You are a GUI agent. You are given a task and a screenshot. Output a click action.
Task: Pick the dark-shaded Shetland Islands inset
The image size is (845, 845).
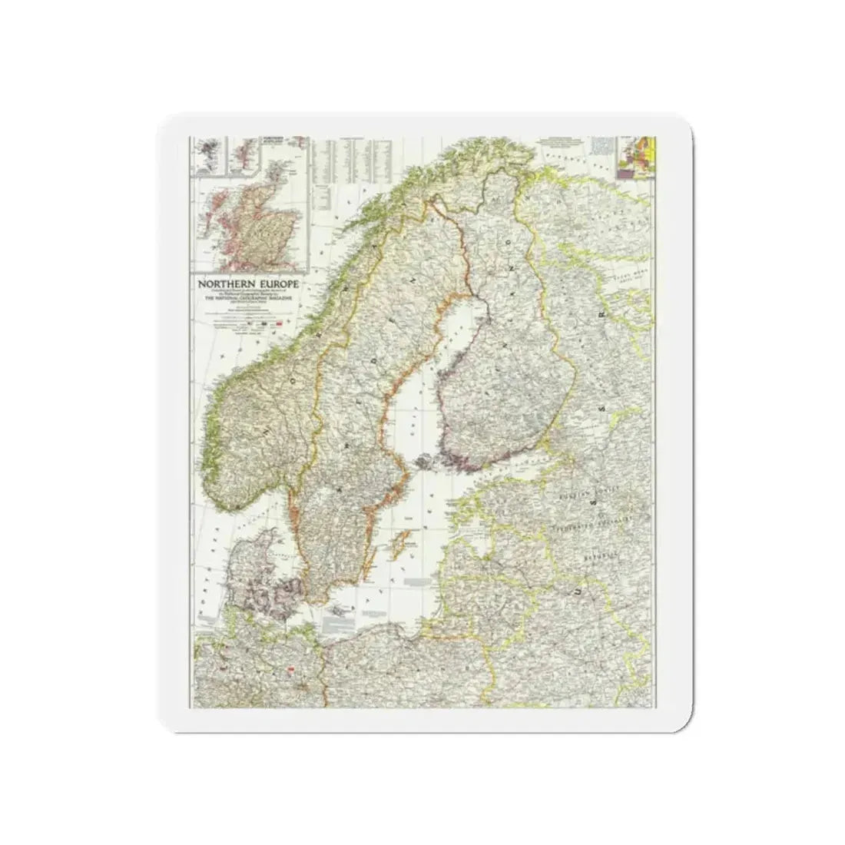[206, 153]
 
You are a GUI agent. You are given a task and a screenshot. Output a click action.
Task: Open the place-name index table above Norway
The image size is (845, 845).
[353, 161]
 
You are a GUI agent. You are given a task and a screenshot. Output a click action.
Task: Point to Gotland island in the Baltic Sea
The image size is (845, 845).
[398, 546]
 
